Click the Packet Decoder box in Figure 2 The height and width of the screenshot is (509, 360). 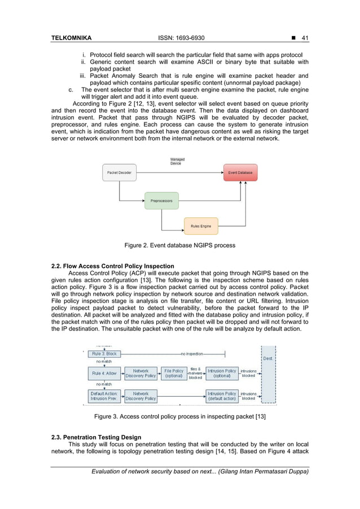119,172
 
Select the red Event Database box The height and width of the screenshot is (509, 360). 240,172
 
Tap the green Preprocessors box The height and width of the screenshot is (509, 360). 161,200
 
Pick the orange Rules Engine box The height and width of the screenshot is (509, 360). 201,226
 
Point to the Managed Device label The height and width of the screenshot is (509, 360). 177,161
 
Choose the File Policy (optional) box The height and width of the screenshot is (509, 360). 174,373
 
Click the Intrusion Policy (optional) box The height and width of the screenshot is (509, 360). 222,373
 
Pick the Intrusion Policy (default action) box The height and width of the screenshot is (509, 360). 222,396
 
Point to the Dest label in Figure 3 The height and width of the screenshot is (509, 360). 267,358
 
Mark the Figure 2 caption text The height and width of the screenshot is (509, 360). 179,245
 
